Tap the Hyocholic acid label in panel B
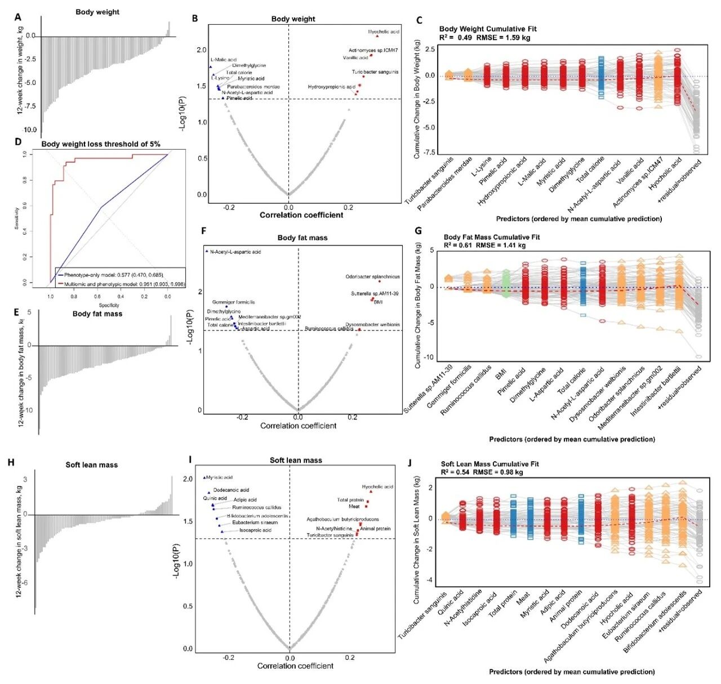tap(384, 32)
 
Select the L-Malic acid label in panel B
tap(224, 60)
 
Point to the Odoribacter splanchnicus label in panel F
tap(372, 277)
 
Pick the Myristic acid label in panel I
tap(219, 477)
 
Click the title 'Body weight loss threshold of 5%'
tap(101, 144)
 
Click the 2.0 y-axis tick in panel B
tap(201, 50)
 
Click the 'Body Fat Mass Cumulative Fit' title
tap(492, 237)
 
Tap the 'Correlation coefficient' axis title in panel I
tap(295, 666)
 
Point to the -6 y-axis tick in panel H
tap(25, 583)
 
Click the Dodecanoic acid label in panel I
tap(231, 490)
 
